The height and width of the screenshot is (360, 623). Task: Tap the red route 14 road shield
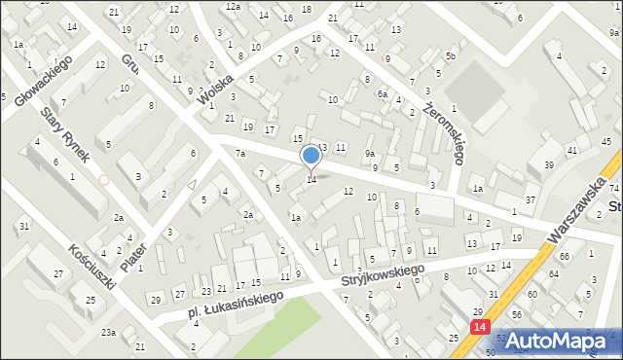[x=479, y=329]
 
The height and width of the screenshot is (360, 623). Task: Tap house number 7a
[x=239, y=154]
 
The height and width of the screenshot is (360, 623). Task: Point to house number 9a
[x=370, y=154]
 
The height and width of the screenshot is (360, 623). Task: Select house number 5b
[x=450, y=55]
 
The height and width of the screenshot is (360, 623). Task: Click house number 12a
[x=233, y=7]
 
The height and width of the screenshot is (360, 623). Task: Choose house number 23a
[x=107, y=333]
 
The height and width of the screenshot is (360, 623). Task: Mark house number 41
[x=572, y=150]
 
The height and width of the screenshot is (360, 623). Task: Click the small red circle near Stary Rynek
[x=103, y=180]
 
